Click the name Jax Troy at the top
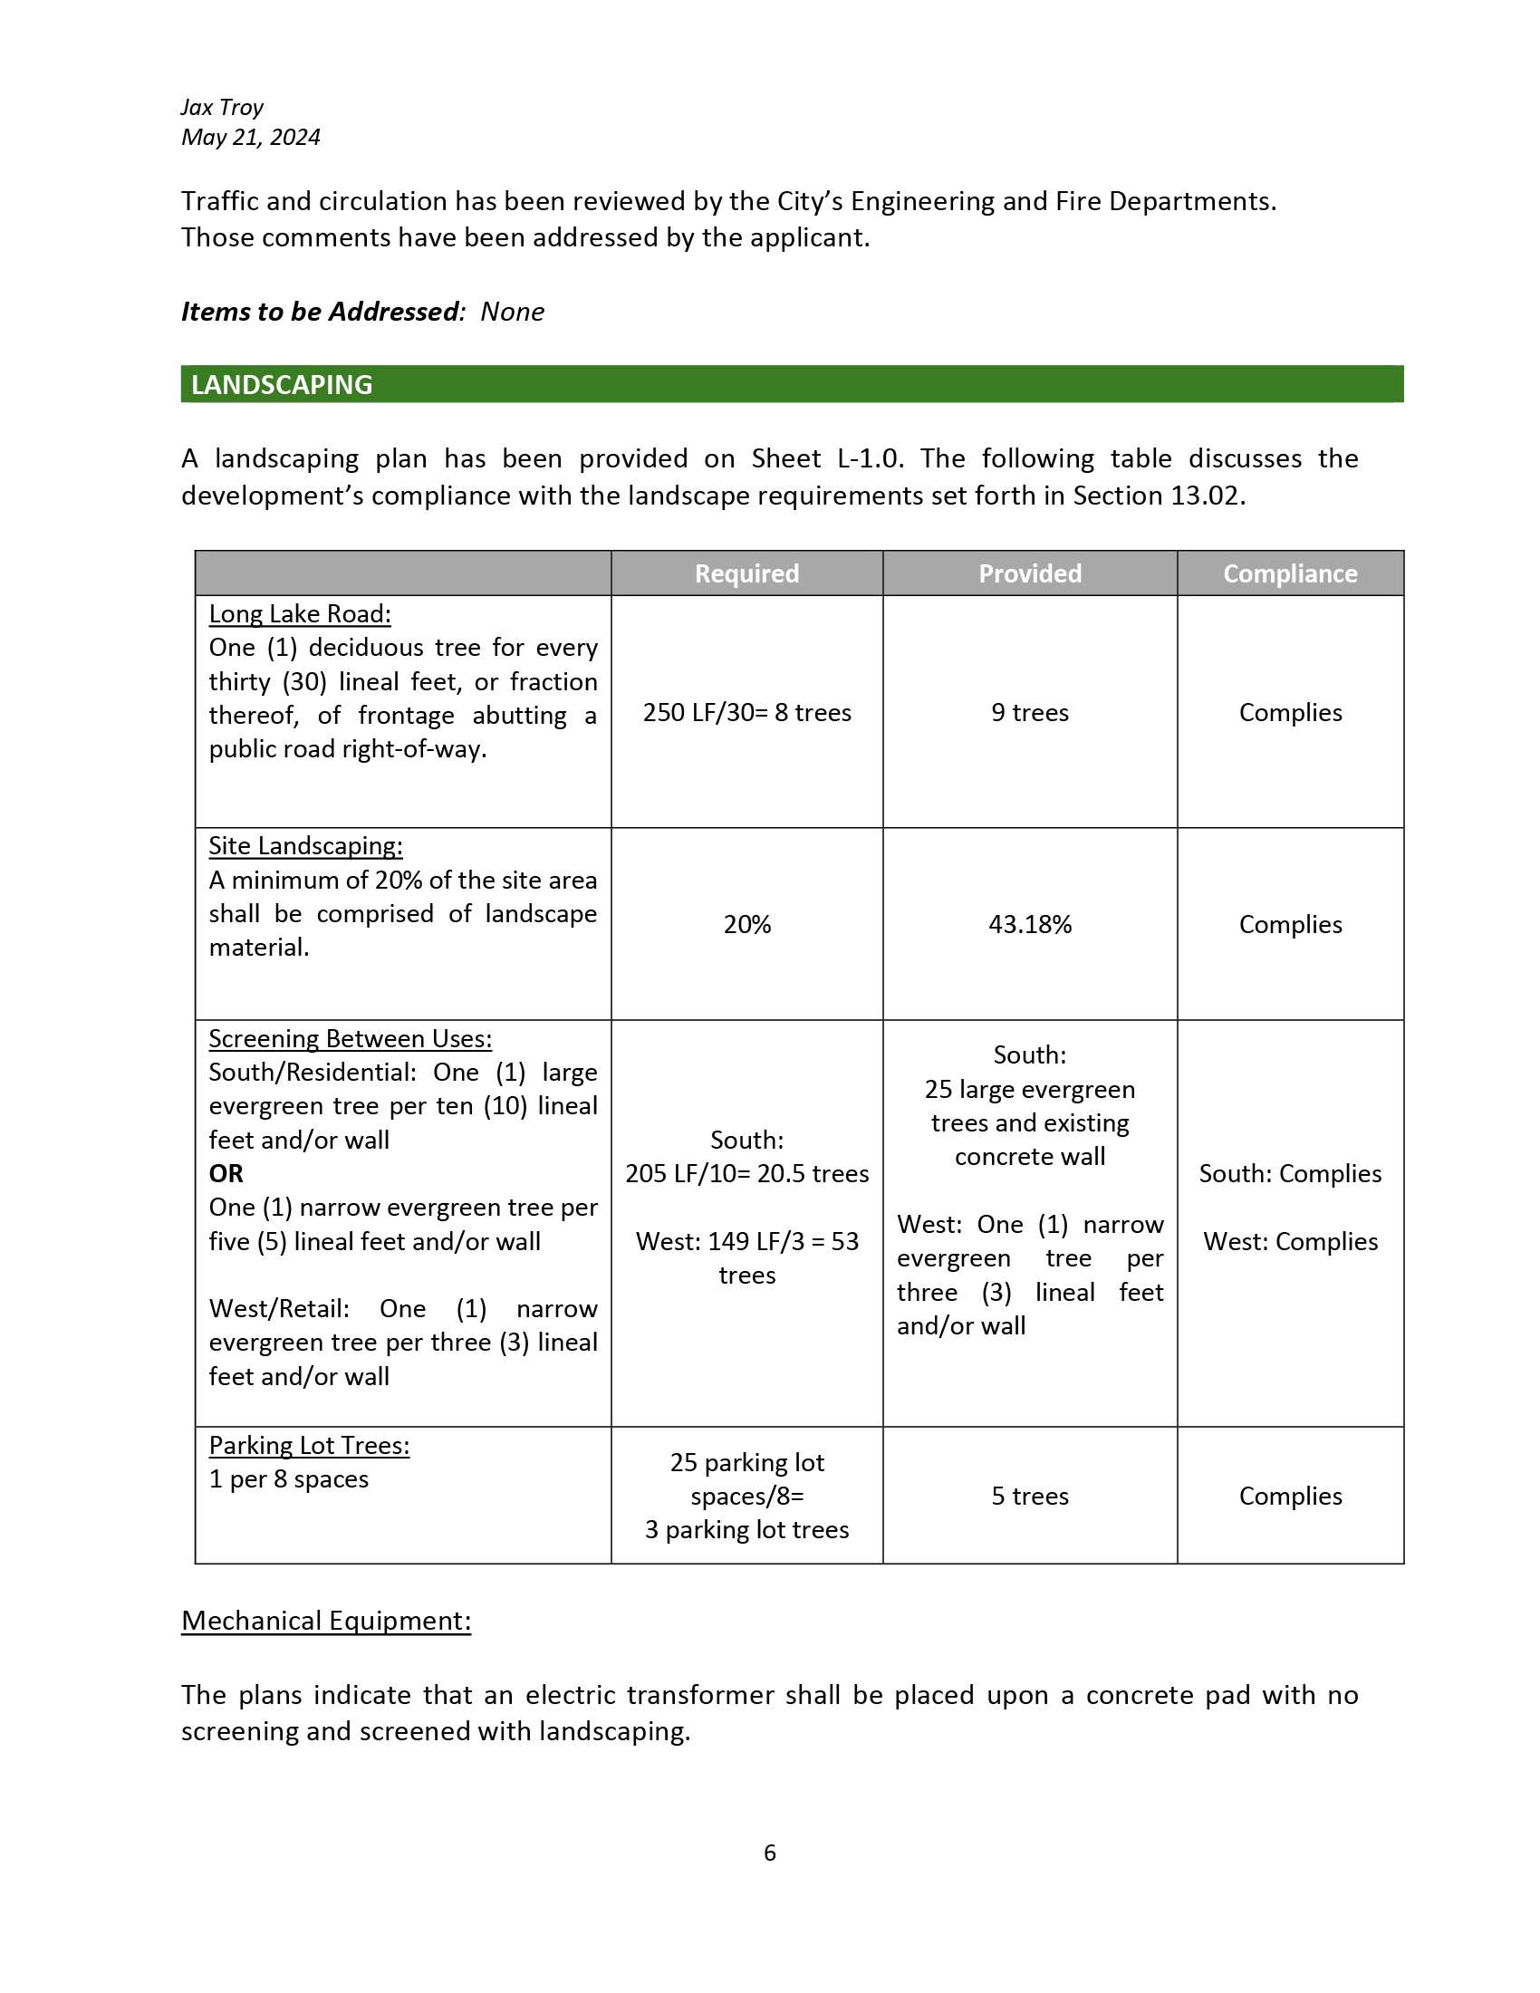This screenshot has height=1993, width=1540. (x=222, y=108)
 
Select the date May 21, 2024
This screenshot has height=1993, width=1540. (x=251, y=138)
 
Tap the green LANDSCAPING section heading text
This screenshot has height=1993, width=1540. (x=282, y=385)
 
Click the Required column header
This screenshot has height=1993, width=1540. (x=746, y=574)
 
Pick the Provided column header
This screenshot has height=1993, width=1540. (x=1029, y=574)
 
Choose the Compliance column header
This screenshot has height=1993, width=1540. (x=1289, y=574)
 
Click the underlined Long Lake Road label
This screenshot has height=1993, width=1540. (x=299, y=614)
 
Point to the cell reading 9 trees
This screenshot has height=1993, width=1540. (x=1029, y=713)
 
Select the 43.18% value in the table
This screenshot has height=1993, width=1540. (x=1029, y=924)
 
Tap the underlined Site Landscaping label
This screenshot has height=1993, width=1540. (x=304, y=846)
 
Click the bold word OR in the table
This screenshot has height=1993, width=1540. (x=226, y=1173)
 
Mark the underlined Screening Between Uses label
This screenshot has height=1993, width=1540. (x=350, y=1038)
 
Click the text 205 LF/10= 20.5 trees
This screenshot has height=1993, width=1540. (x=746, y=1173)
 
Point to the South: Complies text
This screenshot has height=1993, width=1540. (x=1289, y=1173)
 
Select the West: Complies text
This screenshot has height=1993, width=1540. (x=1289, y=1241)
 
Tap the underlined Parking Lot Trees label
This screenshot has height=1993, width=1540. (x=308, y=1446)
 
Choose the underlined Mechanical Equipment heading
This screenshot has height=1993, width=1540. (x=326, y=1621)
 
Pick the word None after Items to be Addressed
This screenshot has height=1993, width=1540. (x=512, y=313)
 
